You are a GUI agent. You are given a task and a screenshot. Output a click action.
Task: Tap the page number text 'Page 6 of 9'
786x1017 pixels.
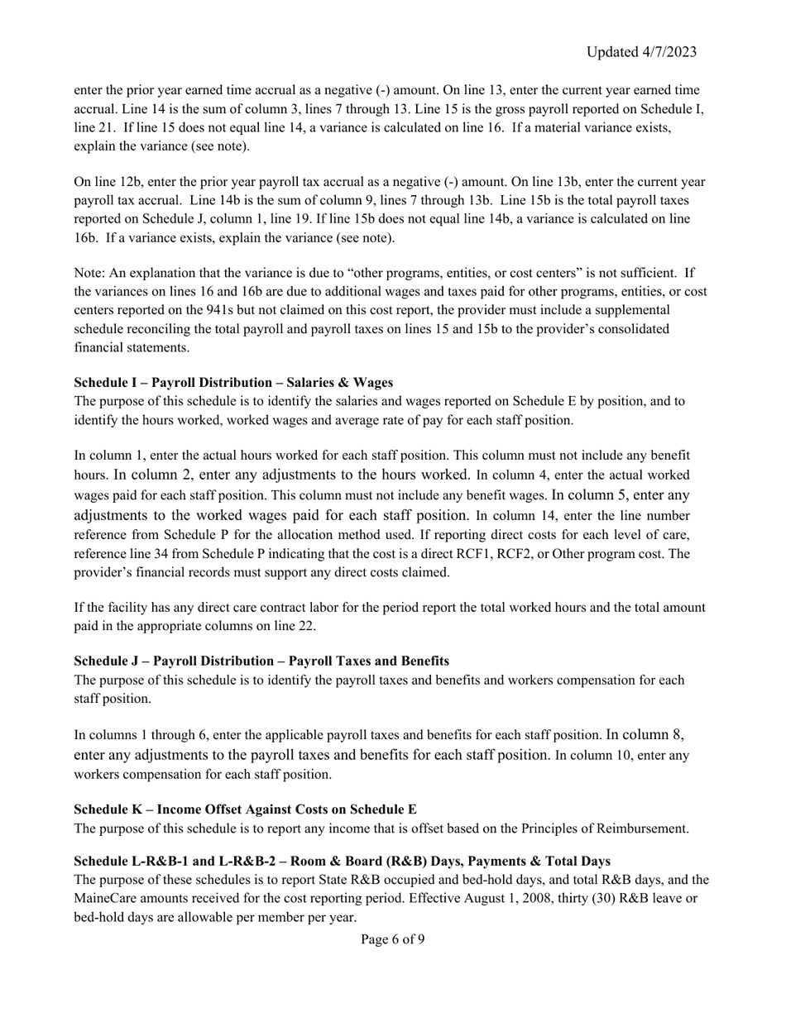click(x=393, y=938)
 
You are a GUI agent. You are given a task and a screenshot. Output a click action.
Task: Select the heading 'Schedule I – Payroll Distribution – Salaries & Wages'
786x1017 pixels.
click(x=233, y=382)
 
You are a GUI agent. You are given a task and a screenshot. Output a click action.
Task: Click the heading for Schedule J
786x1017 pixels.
click(x=261, y=661)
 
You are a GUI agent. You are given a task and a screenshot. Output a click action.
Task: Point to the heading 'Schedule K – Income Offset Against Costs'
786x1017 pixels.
click(x=245, y=809)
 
